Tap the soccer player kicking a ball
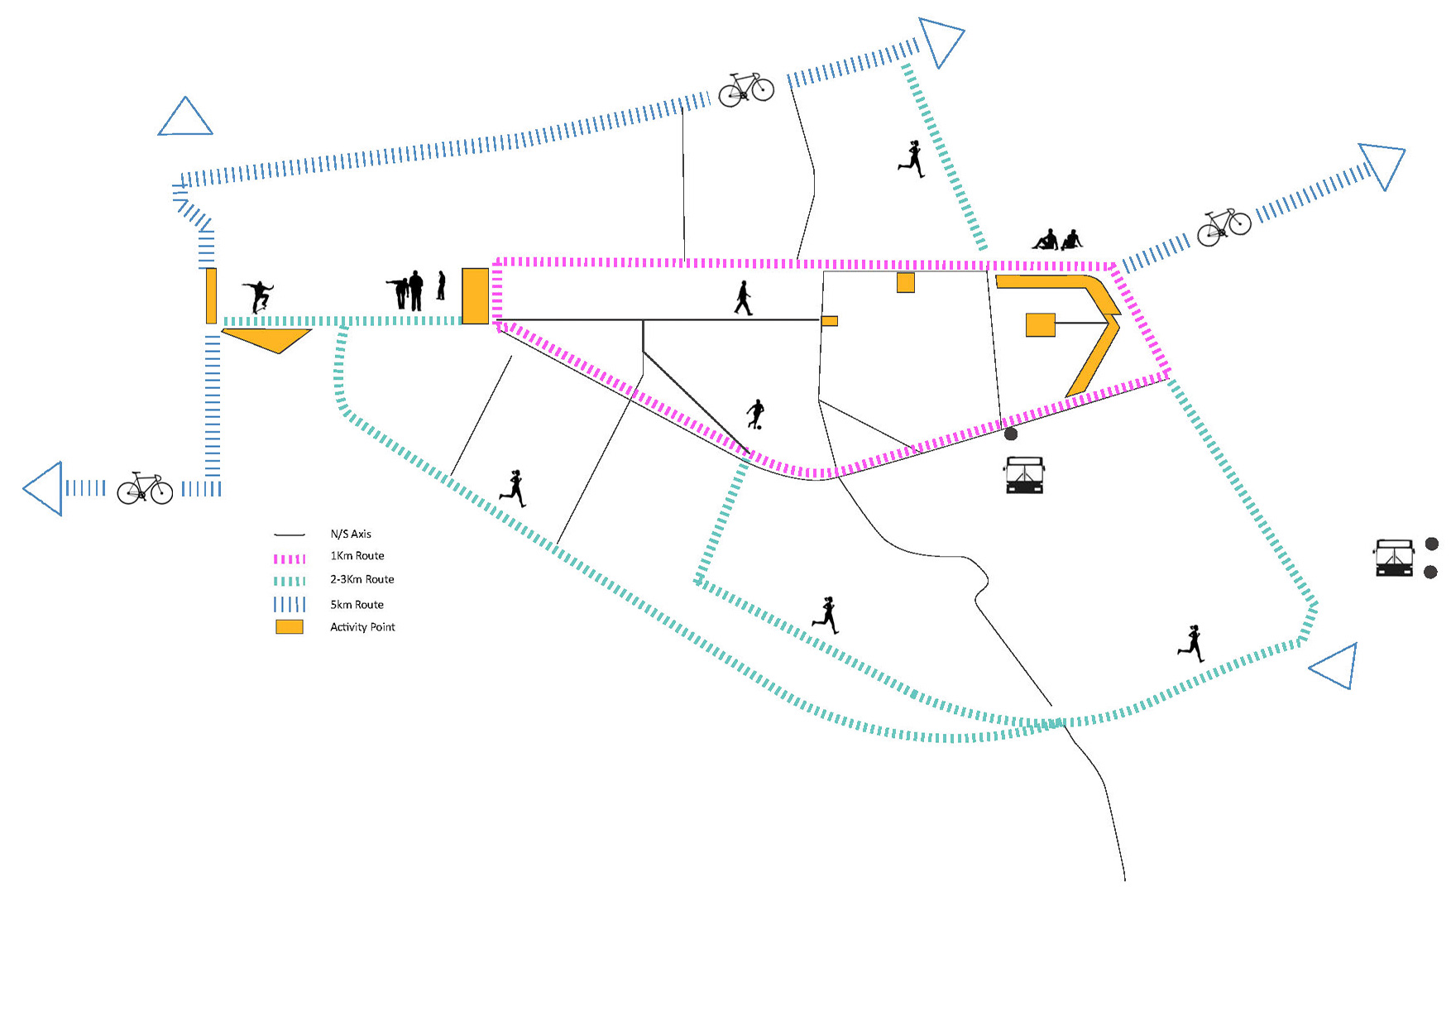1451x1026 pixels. click(754, 414)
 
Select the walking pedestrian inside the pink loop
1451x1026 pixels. click(743, 298)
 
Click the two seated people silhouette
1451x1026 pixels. click(1057, 240)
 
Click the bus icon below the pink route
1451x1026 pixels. click(1024, 475)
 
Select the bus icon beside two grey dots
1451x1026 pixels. click(1394, 558)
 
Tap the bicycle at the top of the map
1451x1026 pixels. click(745, 89)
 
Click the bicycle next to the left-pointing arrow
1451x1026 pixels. click(145, 488)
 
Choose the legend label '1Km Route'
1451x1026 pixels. click(357, 556)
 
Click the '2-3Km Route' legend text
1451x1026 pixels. click(362, 579)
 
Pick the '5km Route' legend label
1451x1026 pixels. click(357, 605)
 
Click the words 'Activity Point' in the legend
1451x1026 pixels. click(362, 627)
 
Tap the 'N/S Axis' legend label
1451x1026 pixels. click(351, 535)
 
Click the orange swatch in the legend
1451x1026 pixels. click(290, 627)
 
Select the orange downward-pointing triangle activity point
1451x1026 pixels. click(269, 338)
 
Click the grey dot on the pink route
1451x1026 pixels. click(1011, 434)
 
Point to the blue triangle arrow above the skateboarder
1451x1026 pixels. click(185, 118)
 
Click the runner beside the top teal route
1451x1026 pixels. click(912, 159)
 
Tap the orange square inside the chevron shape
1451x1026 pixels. click(1041, 324)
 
